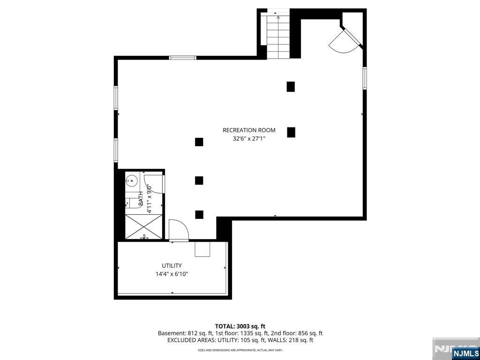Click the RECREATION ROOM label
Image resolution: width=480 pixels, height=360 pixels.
pos(249,130)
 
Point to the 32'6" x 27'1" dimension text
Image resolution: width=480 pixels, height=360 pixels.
pos(249,139)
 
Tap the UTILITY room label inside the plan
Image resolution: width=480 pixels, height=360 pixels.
pos(172,266)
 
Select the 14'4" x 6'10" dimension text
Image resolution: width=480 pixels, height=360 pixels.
pos(172,274)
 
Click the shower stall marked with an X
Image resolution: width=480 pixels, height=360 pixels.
pos(143,227)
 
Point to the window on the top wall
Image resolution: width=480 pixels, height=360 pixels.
pos(182,58)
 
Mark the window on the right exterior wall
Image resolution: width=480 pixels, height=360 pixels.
pos(364,78)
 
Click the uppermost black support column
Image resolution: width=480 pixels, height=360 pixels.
pos(291,87)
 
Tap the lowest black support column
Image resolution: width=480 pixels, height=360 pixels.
pos(199,215)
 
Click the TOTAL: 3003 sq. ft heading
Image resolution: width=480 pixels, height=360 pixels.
pos(240,326)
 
